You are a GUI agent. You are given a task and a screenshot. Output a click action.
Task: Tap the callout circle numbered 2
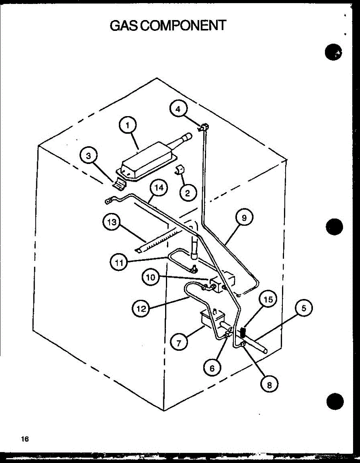188,193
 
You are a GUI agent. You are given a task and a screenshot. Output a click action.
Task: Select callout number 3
89,157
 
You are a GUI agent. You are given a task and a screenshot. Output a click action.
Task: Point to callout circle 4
177,109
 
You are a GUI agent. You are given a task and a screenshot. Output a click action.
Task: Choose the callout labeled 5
304,308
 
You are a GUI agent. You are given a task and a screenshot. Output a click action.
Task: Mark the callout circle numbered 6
212,368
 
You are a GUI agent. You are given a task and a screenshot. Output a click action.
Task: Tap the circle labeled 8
269,384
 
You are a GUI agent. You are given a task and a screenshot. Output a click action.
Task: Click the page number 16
25,439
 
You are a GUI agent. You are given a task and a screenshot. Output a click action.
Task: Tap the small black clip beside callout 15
243,331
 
